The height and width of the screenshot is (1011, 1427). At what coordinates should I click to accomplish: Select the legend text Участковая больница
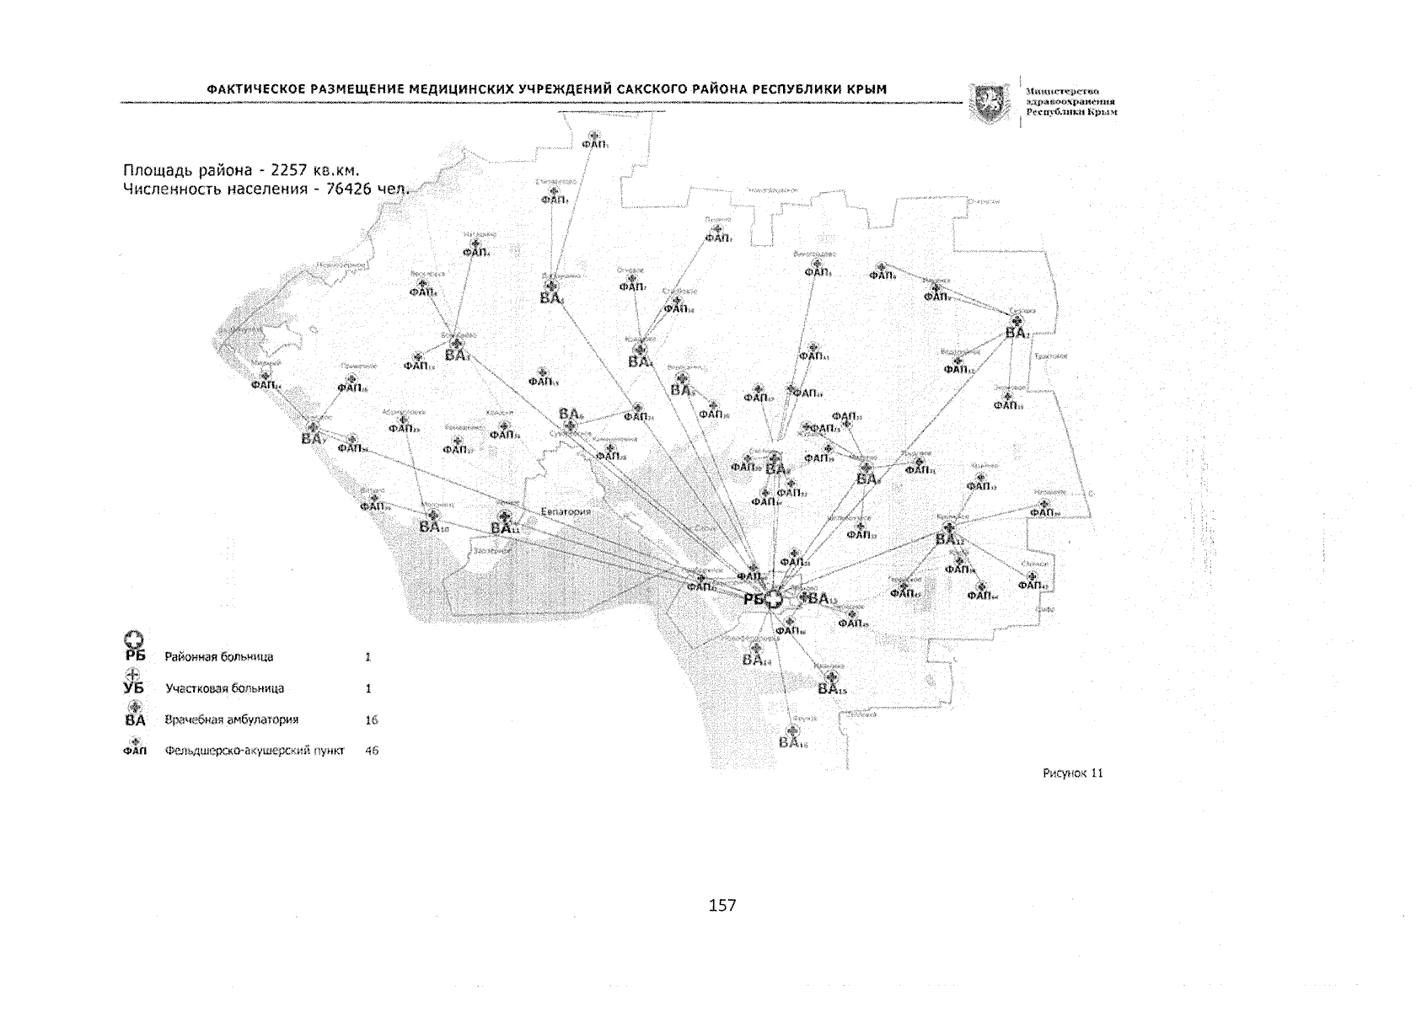pyautogui.click(x=224, y=688)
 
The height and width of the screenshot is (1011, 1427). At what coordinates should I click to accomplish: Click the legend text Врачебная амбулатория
pyautogui.click(x=232, y=720)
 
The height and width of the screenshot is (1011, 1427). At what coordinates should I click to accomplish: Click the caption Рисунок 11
pyautogui.click(x=1072, y=773)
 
